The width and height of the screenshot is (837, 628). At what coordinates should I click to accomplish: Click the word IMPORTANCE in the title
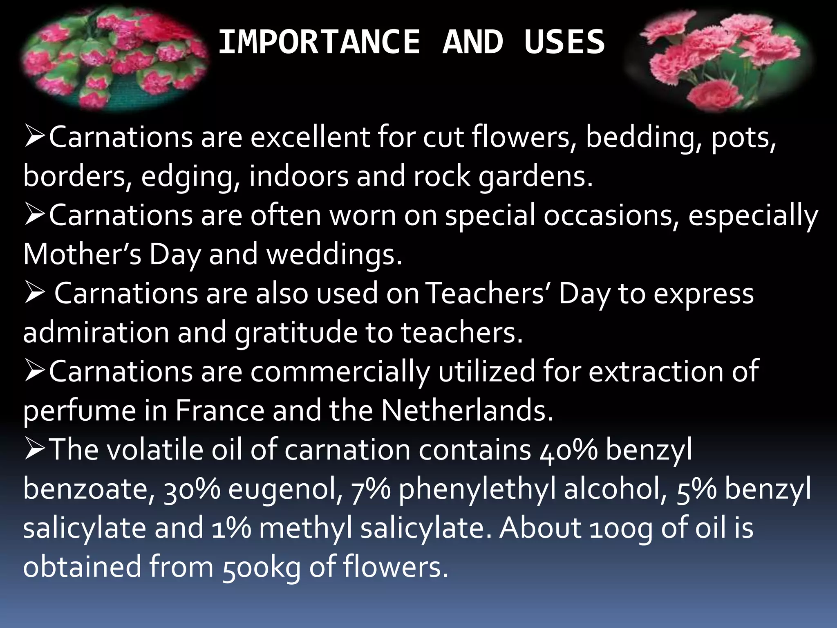[319, 42]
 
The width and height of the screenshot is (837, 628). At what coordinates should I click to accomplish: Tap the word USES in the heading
[564, 42]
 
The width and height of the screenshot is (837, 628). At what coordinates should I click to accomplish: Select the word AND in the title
[473, 42]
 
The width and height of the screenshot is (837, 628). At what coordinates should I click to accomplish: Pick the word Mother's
[82, 254]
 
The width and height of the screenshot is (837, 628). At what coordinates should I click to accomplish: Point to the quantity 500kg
[262, 567]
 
